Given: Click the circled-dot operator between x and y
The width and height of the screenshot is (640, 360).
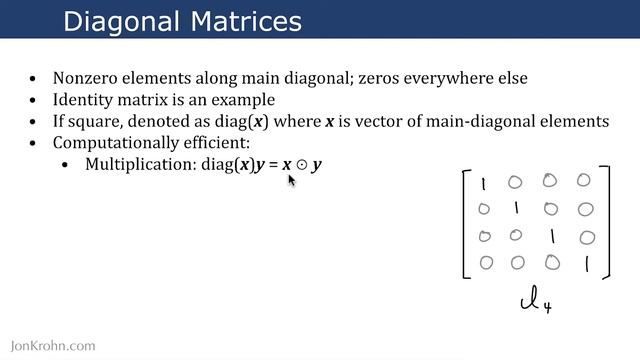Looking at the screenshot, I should point(300,164).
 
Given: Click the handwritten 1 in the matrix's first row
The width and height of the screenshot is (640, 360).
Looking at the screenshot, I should point(483,185).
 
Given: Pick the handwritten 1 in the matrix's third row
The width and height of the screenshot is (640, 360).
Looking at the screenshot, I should point(551,238).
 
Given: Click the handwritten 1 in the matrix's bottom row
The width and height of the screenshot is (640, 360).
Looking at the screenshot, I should point(586,264).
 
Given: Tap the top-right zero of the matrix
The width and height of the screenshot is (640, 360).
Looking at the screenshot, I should point(584,181).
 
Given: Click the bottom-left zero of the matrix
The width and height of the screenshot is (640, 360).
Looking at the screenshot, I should point(485,263).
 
